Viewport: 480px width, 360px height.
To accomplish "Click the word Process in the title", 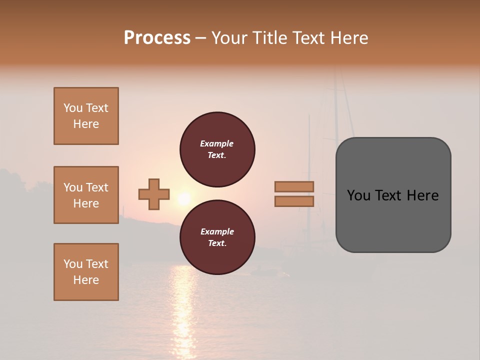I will [157, 37].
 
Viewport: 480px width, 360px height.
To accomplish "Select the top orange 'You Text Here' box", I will [86, 116].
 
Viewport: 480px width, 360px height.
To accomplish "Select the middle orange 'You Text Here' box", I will [86, 195].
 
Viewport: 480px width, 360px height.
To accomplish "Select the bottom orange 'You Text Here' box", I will [86, 272].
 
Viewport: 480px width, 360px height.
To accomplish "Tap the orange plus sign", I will [154, 194].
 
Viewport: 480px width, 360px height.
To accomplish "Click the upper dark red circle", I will [217, 149].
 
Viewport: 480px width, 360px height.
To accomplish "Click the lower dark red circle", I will [217, 237].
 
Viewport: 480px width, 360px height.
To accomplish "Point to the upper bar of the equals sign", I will [294, 186].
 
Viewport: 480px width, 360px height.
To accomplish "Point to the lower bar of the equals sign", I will [294, 201].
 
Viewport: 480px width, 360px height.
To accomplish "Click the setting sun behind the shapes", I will [184, 199].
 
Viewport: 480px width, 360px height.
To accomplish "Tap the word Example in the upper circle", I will [216, 143].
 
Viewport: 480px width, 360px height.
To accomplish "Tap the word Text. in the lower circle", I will [217, 243].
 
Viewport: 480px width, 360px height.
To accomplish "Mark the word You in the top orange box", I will [73, 108].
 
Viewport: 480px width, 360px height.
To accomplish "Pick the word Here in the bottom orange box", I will [86, 280].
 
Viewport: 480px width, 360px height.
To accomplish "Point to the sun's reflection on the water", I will [184, 310].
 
